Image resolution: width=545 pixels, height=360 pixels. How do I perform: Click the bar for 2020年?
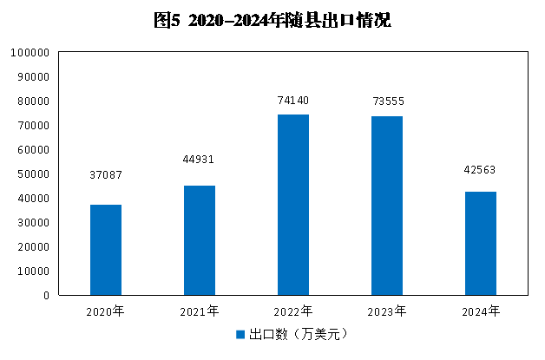click(x=106, y=250)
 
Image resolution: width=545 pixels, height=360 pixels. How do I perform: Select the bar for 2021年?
click(x=200, y=240)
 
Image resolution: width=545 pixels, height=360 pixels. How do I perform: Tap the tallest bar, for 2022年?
click(x=293, y=205)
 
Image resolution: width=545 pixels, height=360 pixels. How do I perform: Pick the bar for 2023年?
click(x=387, y=206)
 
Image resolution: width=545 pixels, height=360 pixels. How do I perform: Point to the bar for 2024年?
click(x=481, y=243)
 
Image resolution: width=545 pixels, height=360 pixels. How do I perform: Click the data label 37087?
click(x=106, y=175)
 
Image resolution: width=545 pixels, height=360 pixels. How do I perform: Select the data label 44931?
click(x=199, y=160)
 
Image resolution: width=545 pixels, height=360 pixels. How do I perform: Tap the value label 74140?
click(x=292, y=101)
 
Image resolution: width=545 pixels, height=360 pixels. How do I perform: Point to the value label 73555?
click(x=387, y=101)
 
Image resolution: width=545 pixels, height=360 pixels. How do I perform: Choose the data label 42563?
click(x=480, y=170)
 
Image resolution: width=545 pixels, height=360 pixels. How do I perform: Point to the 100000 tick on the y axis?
click(x=30, y=53)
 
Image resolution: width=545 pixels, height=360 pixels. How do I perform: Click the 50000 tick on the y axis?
click(x=32, y=174)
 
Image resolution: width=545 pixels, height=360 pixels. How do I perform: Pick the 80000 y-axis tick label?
click(x=32, y=101)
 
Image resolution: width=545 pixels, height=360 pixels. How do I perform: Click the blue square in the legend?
click(x=240, y=334)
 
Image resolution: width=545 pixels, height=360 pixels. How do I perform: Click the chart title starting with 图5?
click(x=272, y=21)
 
